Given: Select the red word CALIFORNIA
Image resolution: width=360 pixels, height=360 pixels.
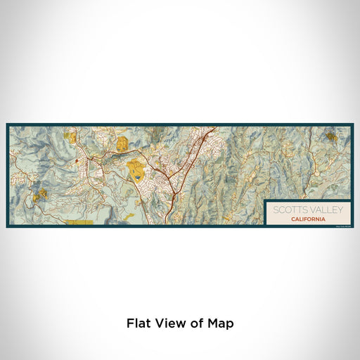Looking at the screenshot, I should click(x=307, y=219).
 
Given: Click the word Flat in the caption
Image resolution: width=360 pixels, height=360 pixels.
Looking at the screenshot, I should click(x=139, y=323).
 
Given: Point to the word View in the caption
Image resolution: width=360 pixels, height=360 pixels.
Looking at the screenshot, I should click(x=167, y=323).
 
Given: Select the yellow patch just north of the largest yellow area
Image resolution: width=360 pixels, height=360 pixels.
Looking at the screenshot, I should click(x=122, y=144).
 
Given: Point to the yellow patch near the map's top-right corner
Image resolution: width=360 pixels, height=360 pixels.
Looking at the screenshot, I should click(x=331, y=135).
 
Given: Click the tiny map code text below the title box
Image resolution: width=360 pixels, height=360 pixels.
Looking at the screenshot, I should click(x=342, y=226).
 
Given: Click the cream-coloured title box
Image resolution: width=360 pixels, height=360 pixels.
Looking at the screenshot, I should click(x=308, y=213).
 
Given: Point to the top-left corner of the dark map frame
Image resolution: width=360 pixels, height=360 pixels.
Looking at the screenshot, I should click(x=8, y=125).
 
